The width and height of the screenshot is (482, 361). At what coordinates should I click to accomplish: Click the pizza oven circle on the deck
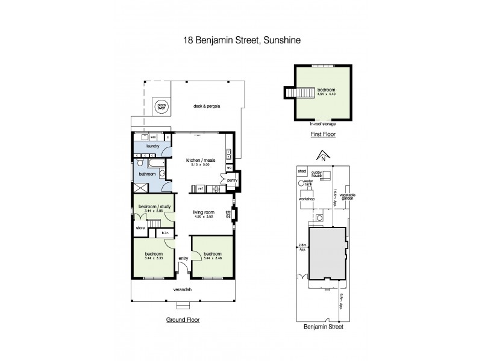[161, 105]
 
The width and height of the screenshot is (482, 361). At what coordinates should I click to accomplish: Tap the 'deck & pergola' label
[205, 106]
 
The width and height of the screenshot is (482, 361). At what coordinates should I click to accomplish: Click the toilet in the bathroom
[139, 162]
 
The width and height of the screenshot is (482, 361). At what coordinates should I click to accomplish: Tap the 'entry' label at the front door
[183, 258]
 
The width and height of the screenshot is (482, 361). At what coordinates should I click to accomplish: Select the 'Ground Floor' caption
[183, 321]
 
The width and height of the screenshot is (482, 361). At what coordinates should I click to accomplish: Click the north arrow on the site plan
[323, 155]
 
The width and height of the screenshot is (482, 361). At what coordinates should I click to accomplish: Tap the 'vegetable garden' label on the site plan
[346, 197]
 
